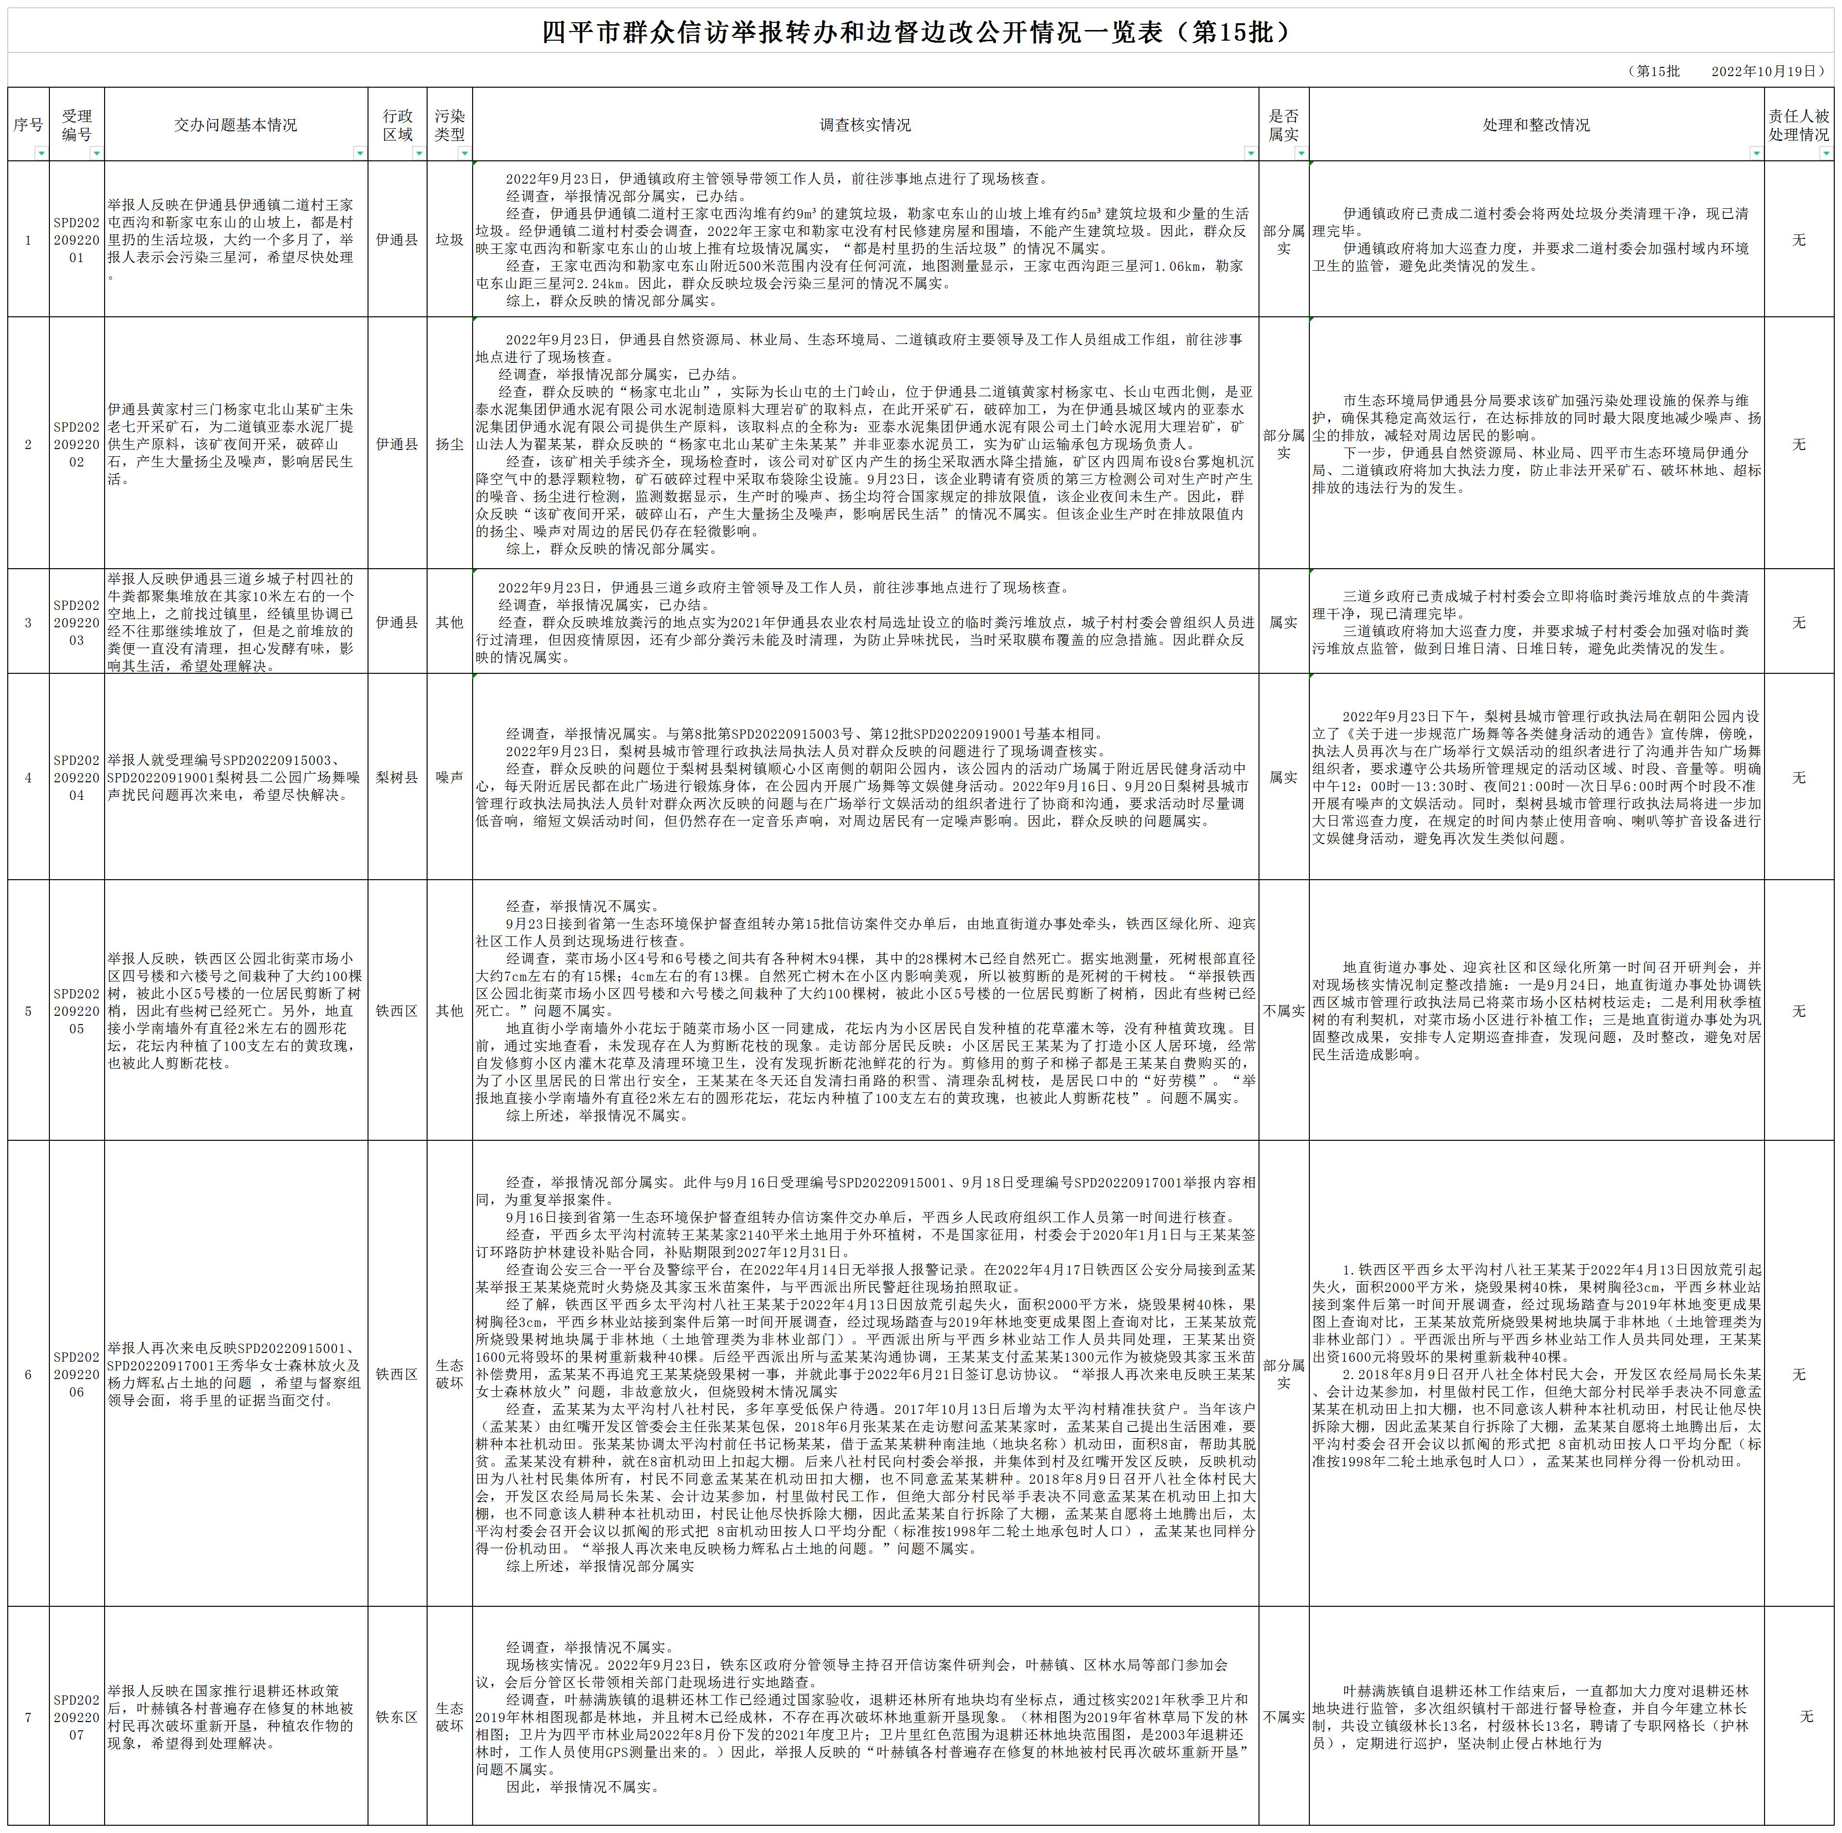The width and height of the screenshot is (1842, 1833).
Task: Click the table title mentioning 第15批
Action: tap(920, 32)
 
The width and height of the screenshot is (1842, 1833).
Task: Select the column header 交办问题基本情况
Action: tap(235, 125)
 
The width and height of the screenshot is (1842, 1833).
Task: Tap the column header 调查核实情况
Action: tap(865, 125)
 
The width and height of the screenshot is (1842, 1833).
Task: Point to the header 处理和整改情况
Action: tap(1536, 125)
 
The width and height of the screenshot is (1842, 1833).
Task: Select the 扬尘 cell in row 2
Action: tap(449, 444)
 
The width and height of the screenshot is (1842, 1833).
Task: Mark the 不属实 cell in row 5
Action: tap(1283, 1011)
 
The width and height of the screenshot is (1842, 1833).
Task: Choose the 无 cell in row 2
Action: tap(1798, 444)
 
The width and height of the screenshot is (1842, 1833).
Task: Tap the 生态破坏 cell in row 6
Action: tap(449, 1374)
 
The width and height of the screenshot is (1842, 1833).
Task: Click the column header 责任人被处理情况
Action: tap(1798, 125)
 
